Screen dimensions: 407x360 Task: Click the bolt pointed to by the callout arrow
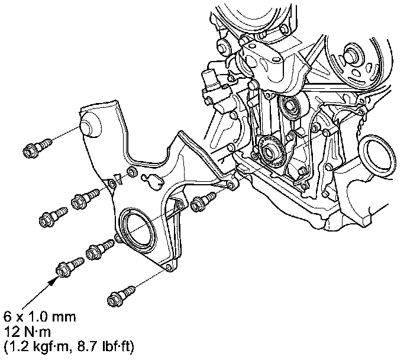coord(70,267)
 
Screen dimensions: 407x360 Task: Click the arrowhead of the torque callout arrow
coord(54,281)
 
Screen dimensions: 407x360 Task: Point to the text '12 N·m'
coord(27,332)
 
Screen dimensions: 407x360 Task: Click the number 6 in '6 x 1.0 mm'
coord(7,317)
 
